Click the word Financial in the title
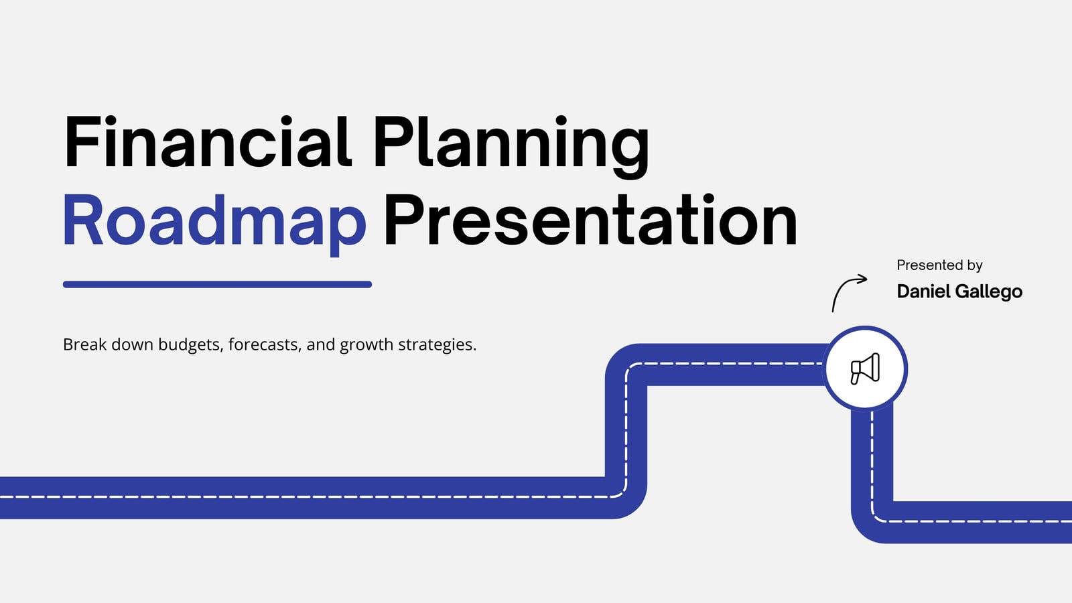click(208, 142)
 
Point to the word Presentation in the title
click(590, 220)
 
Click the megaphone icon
click(865, 368)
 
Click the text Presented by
click(939, 265)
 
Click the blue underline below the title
click(217, 284)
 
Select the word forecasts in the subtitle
click(265, 344)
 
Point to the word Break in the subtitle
click(84, 344)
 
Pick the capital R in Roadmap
click(83, 220)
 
